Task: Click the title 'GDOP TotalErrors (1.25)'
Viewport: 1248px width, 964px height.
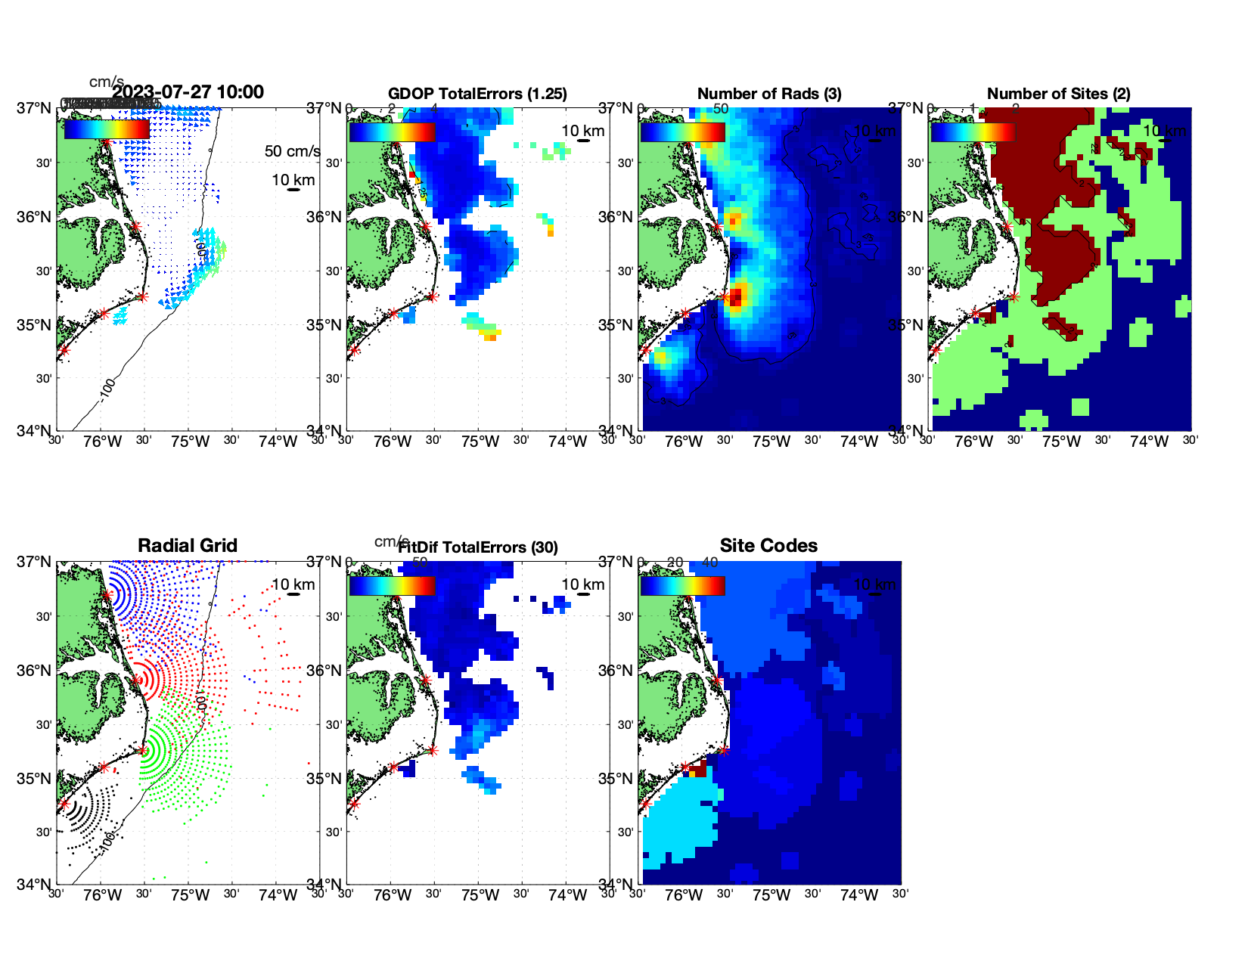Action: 477,94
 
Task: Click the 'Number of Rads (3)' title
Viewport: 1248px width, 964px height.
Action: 769,94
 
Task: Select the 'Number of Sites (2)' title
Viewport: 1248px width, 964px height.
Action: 1058,94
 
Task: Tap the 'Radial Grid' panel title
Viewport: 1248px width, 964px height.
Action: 188,546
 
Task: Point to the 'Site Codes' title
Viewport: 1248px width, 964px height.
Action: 768,546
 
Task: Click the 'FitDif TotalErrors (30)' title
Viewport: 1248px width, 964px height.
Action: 478,547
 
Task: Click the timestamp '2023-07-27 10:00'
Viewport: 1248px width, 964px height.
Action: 188,92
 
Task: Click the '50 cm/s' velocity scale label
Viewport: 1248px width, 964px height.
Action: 292,151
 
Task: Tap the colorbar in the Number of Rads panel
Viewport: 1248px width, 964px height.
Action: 682,132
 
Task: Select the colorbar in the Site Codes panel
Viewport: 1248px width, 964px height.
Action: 682,585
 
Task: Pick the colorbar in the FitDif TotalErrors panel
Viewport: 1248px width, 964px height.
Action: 392,585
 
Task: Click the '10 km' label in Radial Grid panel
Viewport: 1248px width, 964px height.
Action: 293,584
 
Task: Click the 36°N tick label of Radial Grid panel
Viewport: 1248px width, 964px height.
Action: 34,671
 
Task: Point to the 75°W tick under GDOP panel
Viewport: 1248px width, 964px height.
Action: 480,442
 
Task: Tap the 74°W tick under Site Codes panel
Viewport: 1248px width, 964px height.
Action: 858,895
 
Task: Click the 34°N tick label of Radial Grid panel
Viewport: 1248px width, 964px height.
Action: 34,884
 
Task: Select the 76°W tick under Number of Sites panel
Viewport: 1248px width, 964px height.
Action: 973,442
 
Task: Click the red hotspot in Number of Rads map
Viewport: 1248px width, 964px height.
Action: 736,294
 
